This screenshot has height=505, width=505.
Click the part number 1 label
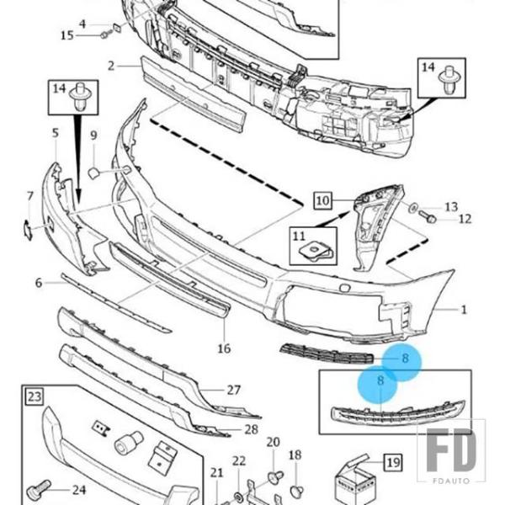click(x=463, y=310)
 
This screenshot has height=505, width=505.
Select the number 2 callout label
click(x=111, y=65)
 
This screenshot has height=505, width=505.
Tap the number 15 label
click(x=67, y=35)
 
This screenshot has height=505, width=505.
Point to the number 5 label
click(x=55, y=133)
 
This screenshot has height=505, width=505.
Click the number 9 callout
click(x=93, y=136)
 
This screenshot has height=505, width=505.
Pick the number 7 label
click(x=29, y=197)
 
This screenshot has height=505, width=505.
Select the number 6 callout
click(x=39, y=283)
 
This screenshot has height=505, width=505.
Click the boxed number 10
click(x=323, y=200)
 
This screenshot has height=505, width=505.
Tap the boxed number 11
click(x=298, y=234)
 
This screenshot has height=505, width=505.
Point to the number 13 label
click(x=451, y=206)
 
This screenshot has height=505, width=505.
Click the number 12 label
click(x=465, y=220)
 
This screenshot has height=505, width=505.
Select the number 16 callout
click(x=224, y=348)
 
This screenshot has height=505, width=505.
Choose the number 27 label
click(x=234, y=390)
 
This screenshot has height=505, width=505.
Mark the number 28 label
click(x=251, y=429)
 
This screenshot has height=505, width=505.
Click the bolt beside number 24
click(x=39, y=487)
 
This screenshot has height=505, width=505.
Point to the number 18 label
click(x=295, y=455)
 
